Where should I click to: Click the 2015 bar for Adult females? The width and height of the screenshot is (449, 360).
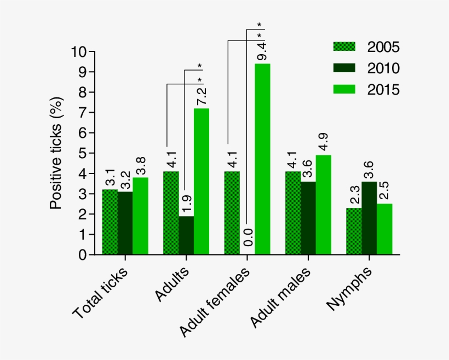tap(262, 159)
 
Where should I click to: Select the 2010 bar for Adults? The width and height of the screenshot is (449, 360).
tap(186, 235)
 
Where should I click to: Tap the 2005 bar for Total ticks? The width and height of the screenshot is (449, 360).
tap(110, 222)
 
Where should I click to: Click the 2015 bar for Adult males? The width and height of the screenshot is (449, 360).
tap(324, 205)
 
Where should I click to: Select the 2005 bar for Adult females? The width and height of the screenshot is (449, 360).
tap(232, 213)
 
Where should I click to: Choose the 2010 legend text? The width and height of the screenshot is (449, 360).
tap(383, 68)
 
